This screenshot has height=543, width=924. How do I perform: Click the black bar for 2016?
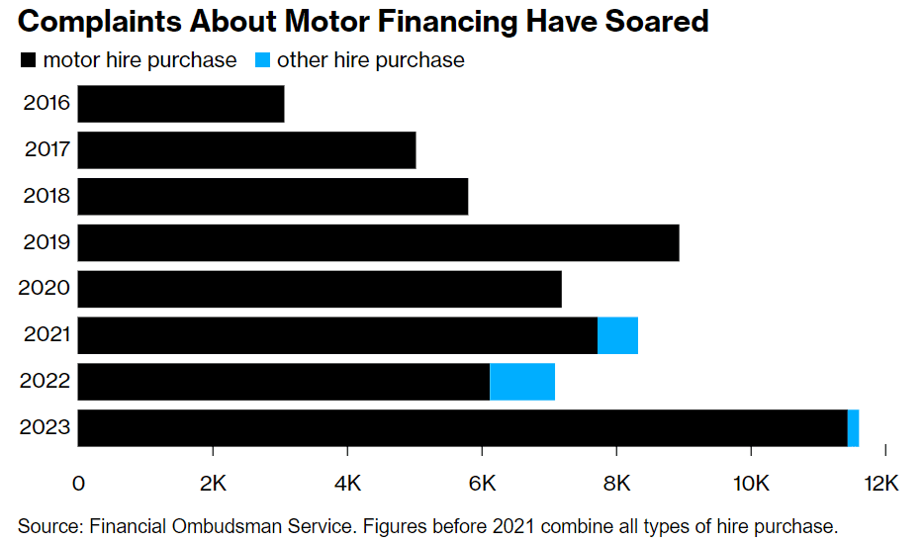pyautogui.click(x=181, y=104)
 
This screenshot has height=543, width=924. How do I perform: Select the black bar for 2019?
pyautogui.click(x=378, y=242)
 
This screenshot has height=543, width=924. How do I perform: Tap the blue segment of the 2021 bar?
pyautogui.click(x=617, y=335)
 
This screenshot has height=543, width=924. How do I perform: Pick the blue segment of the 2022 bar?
pyautogui.click(x=522, y=382)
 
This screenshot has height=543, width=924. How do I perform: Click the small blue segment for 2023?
pyautogui.click(x=853, y=428)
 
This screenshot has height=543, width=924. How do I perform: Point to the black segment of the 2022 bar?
pyautogui.click(x=284, y=382)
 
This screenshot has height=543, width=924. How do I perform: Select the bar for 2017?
pyautogui.click(x=246, y=150)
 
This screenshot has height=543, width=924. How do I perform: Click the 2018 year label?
pyautogui.click(x=46, y=196)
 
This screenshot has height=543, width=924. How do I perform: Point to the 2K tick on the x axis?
pyautogui.click(x=213, y=484)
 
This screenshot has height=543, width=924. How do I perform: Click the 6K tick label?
pyautogui.click(x=482, y=484)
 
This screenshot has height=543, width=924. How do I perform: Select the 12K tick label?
pyautogui.click(x=879, y=484)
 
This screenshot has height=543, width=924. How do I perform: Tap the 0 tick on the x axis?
pyautogui.click(x=78, y=484)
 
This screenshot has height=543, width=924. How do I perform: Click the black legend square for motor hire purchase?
pyautogui.click(x=27, y=61)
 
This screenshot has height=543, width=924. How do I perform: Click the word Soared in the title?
pyautogui.click(x=652, y=21)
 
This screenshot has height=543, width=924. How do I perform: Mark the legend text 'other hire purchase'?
pyautogui.click(x=370, y=60)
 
